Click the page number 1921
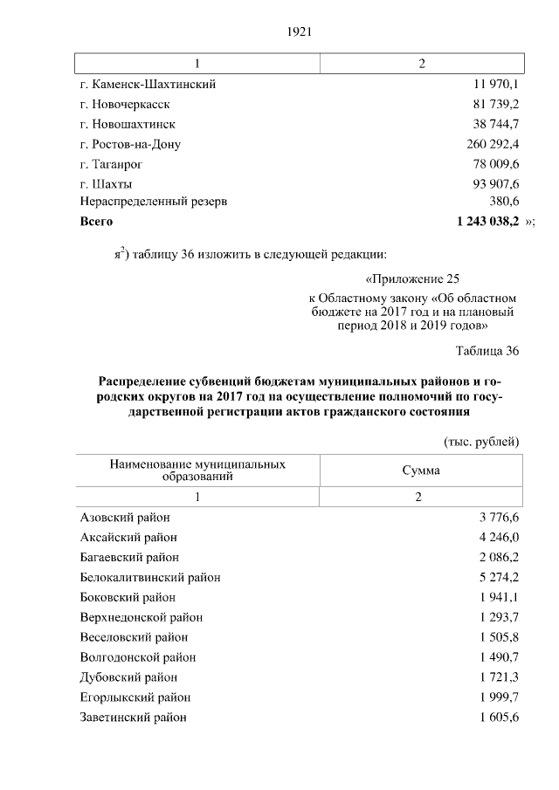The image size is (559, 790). pyautogui.click(x=299, y=32)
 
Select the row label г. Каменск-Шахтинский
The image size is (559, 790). pyautogui.click(x=148, y=85)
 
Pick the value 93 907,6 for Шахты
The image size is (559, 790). pyautogui.click(x=493, y=184)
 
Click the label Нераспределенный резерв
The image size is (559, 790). pyautogui.click(x=153, y=201)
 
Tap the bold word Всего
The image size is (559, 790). pyautogui.click(x=96, y=222)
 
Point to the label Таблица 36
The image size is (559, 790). pyautogui.click(x=487, y=351)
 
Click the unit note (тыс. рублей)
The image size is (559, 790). pyautogui.click(x=482, y=442)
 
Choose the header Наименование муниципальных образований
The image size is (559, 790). pyautogui.click(x=197, y=471)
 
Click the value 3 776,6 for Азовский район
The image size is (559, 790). pyautogui.click(x=500, y=518)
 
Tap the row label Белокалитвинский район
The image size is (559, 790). pyautogui.click(x=149, y=578)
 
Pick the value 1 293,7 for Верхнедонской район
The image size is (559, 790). pyautogui.click(x=500, y=617)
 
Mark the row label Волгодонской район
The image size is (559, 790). pyautogui.click(x=137, y=657)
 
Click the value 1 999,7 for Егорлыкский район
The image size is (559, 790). pyautogui.click(x=500, y=697)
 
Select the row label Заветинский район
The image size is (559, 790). pyautogui.click(x=133, y=717)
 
